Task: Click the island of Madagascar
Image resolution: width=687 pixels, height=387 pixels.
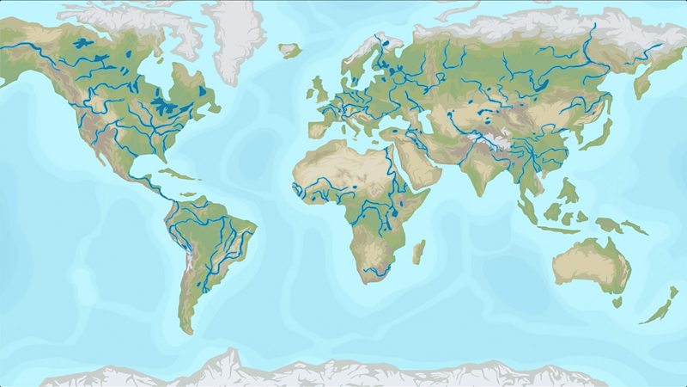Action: click(419, 252)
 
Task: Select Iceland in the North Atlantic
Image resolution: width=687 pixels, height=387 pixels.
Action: click(289, 51)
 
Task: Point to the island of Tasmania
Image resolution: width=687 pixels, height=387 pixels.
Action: click(617, 302)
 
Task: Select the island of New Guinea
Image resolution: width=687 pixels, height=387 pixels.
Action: click(635, 226)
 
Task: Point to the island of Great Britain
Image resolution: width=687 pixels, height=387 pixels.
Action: click(319, 89)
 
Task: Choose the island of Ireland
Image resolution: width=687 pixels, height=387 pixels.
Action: click(308, 90)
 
